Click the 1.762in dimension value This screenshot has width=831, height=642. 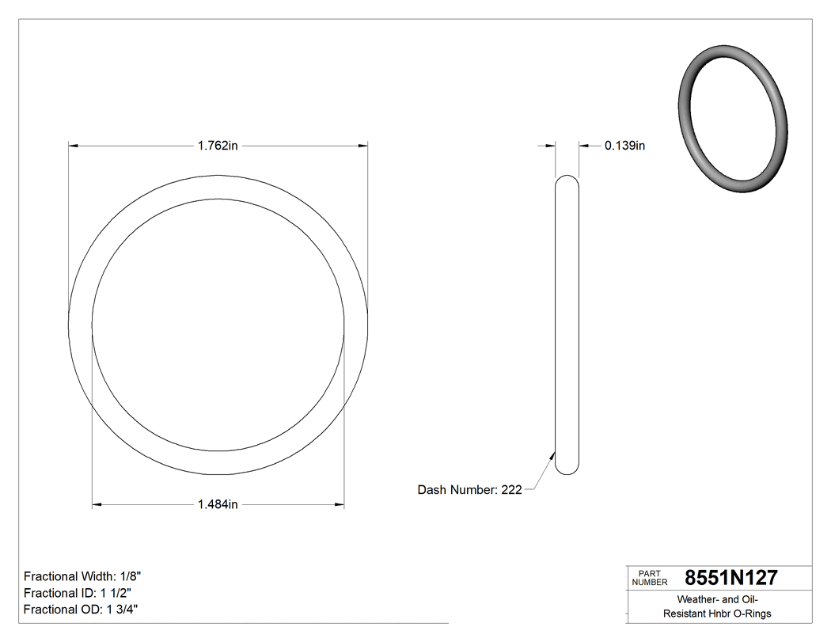218,146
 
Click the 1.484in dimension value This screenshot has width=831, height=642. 218,504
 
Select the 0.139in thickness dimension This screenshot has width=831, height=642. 624,146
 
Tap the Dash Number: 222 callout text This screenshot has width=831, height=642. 469,490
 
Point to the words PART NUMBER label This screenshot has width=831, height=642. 651,577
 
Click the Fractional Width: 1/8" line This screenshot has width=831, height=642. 82,576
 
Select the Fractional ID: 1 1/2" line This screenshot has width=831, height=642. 78,593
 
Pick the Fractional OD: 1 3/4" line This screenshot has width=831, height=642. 82,610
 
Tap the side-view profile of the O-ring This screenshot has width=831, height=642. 567,325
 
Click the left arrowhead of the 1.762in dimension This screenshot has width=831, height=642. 74,146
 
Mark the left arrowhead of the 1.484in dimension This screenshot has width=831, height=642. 97,504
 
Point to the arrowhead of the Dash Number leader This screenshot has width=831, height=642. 552,454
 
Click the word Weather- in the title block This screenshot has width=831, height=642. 691,599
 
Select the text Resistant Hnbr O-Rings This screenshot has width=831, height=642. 717,614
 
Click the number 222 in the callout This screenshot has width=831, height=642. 511,490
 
